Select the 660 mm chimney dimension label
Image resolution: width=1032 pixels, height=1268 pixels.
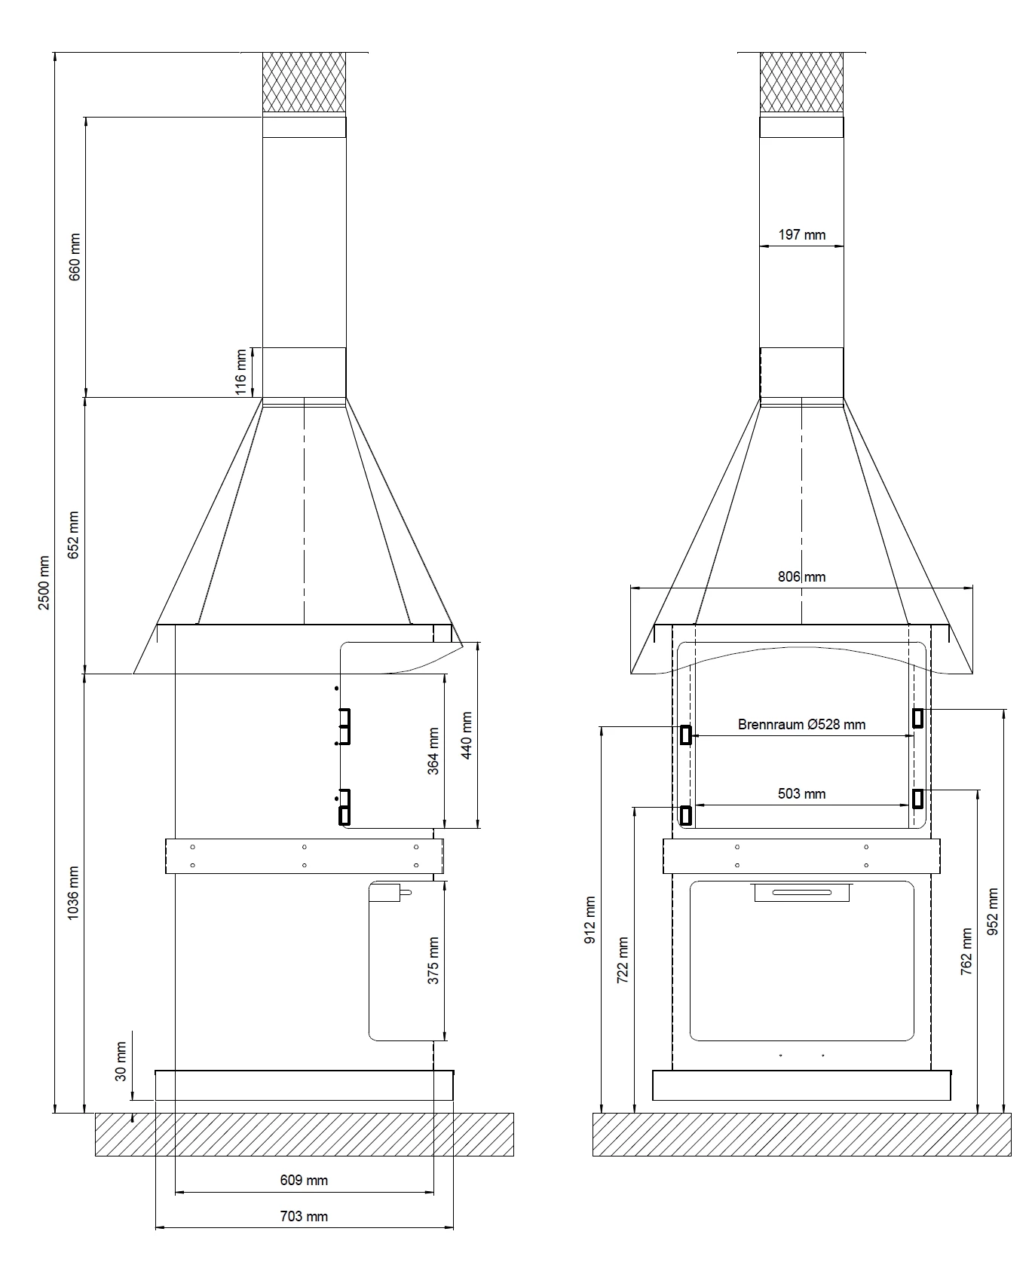[75, 257]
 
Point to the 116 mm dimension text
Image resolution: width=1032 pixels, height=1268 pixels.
[241, 371]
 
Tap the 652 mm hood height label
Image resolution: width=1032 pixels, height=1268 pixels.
[74, 535]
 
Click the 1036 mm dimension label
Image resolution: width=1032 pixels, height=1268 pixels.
[74, 893]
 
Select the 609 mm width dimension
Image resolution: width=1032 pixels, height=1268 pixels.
[304, 1180]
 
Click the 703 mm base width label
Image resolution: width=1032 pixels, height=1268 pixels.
[304, 1216]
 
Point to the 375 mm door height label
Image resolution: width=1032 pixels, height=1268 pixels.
[433, 961]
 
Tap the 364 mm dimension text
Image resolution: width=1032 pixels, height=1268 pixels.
[433, 750]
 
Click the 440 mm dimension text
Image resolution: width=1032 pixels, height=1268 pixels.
[467, 735]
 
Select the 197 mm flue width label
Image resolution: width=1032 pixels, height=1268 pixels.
[801, 235]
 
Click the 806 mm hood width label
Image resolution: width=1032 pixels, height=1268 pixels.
[801, 577]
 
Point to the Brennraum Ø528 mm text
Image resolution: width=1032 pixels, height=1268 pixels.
[801, 725]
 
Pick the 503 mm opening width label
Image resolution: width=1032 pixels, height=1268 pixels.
[801, 794]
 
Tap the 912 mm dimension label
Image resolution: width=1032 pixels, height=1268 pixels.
[590, 919]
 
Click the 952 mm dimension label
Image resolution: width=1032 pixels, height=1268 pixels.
[992, 912]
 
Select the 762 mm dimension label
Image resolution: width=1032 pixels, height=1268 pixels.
[966, 952]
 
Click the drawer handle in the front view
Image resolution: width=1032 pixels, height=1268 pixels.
[801, 893]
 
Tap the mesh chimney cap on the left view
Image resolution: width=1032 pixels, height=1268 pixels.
[304, 83]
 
